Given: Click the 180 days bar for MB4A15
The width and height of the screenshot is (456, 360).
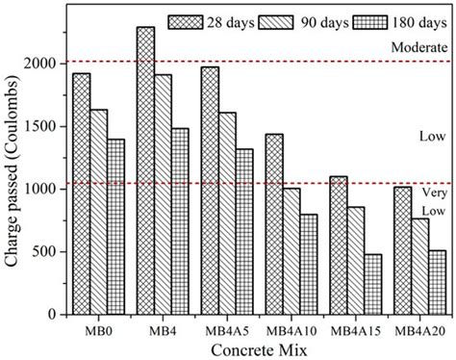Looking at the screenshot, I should (372, 284).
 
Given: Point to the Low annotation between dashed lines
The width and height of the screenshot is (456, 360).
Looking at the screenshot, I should (424, 137).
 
